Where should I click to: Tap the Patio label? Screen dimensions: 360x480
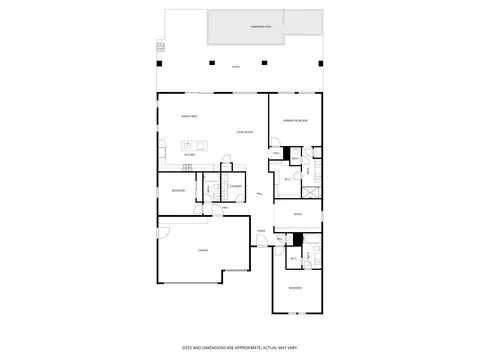(236, 67)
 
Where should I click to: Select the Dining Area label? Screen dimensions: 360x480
(188, 117)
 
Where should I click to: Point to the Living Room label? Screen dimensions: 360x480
(244, 133)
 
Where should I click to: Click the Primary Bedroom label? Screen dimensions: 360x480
(294, 120)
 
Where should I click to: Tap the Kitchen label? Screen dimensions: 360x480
(188, 155)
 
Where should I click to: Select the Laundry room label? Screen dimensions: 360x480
(236, 187)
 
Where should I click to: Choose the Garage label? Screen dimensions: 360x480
(202, 250)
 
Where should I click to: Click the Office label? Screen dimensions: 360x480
(297, 214)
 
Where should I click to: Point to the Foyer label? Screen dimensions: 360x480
(261, 232)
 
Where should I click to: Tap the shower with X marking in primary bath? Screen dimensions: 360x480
(311, 191)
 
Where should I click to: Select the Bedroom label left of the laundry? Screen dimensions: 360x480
(178, 189)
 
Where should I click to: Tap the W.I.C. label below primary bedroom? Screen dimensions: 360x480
(287, 179)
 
